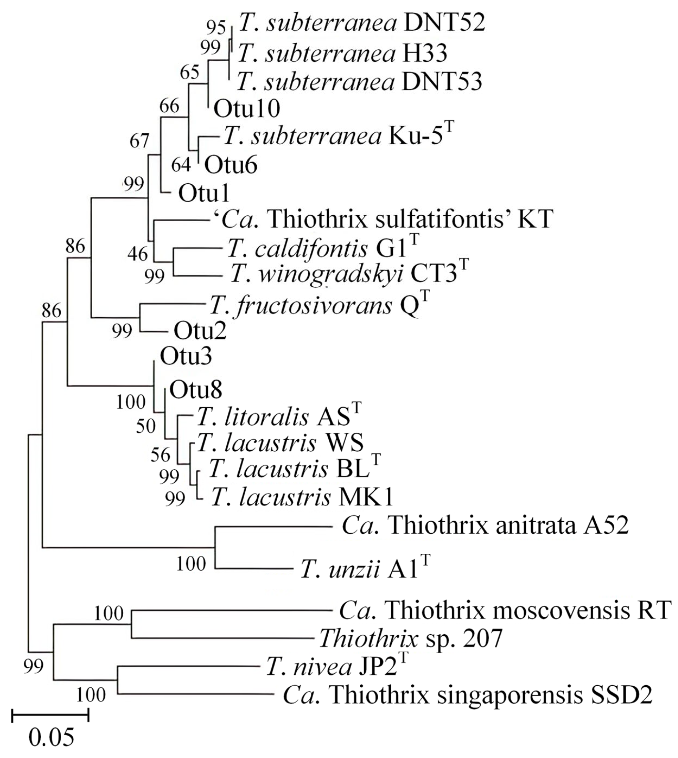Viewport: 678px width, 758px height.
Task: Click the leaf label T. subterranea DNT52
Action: [361, 23]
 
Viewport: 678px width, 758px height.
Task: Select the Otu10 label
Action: [247, 109]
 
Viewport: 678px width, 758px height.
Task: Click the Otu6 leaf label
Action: [230, 165]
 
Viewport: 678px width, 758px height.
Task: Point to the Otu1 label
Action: [204, 193]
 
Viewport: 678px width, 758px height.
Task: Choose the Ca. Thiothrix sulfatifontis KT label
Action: [383, 219]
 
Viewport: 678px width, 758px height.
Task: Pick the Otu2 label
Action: [200, 331]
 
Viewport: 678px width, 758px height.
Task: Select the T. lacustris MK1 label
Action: [302, 497]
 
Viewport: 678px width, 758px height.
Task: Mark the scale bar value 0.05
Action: [51, 737]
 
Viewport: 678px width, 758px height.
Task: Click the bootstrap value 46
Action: [137, 254]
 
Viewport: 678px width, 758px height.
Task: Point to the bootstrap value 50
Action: [145, 426]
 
